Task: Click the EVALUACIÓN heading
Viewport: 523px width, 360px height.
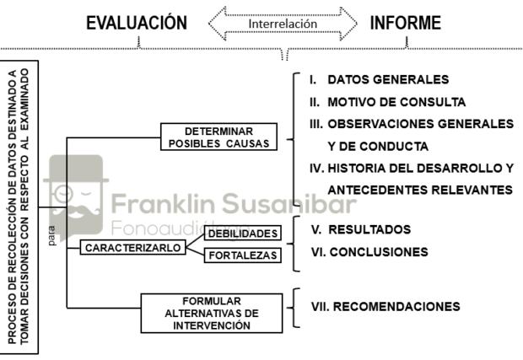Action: click(x=137, y=23)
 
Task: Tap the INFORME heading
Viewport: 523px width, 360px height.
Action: click(x=406, y=23)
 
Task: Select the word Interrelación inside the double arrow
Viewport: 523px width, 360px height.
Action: click(x=283, y=24)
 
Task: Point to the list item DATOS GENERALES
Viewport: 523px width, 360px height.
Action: click(x=388, y=79)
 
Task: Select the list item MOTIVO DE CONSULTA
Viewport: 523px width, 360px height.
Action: click(x=396, y=102)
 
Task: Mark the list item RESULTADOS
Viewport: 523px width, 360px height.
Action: click(x=369, y=229)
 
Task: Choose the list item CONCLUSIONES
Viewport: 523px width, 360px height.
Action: click(x=379, y=252)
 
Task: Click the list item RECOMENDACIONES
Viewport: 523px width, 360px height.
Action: click(x=396, y=307)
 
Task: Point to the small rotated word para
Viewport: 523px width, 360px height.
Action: click(x=51, y=236)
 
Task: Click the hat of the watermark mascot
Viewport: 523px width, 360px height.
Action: click(x=76, y=169)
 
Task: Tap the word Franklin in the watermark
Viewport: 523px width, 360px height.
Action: click(x=163, y=204)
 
